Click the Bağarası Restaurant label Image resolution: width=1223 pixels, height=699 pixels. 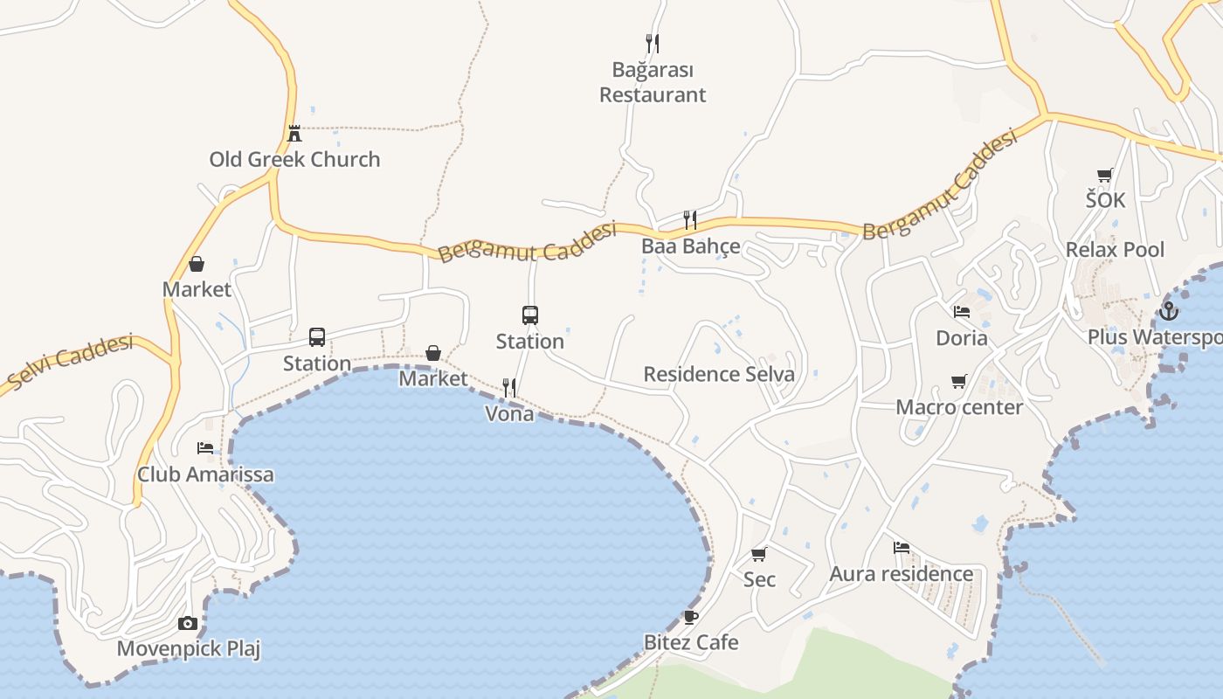click(x=653, y=82)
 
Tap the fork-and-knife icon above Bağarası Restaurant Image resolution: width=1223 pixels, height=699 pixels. click(x=653, y=43)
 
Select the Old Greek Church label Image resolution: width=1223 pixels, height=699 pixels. click(x=294, y=159)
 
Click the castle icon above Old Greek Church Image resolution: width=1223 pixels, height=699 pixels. click(x=294, y=134)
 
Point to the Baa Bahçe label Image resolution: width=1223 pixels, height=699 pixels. click(x=691, y=246)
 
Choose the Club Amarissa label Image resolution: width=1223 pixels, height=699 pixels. click(x=205, y=474)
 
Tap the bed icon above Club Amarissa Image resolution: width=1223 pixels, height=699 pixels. click(x=205, y=448)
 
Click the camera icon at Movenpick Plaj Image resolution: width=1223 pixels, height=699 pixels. click(x=188, y=623)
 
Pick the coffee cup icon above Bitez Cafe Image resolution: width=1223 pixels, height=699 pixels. click(x=691, y=617)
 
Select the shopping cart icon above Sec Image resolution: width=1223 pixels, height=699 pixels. click(x=759, y=554)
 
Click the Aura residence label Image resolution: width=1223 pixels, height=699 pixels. click(x=901, y=574)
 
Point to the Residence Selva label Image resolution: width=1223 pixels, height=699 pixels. click(x=719, y=375)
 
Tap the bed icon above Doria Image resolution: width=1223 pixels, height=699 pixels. click(x=962, y=312)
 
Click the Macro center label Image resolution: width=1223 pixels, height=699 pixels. click(x=959, y=407)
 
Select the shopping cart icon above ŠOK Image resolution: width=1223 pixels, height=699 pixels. click(x=1105, y=175)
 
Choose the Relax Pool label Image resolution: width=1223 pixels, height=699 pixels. click(x=1115, y=250)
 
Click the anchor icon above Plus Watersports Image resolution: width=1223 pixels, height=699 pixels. click(x=1169, y=311)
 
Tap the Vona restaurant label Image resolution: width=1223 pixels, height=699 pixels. click(x=509, y=414)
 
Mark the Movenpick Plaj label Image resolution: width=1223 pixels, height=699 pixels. click(x=189, y=649)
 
